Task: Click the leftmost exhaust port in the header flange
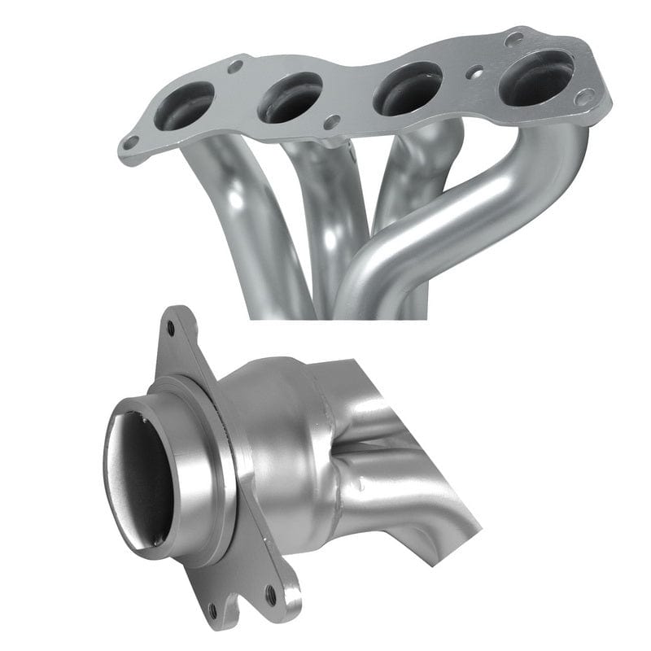coord(183,106)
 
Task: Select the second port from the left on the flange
coord(290,98)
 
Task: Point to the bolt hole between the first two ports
coord(236,66)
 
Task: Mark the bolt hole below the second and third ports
coord(331,122)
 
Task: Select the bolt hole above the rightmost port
coord(513,38)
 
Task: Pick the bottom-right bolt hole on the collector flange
coord(269,590)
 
